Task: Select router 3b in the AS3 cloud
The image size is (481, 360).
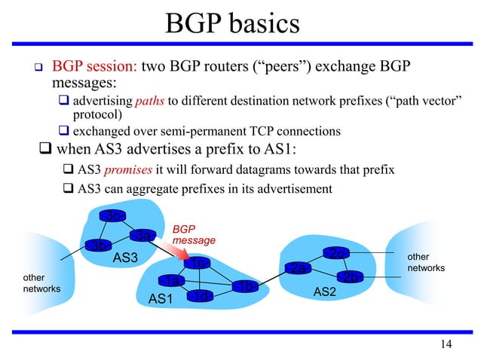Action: pyautogui.click(x=99, y=246)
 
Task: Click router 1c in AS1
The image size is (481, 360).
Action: pyautogui.click(x=198, y=263)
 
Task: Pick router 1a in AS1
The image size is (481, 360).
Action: pyautogui.click(x=173, y=281)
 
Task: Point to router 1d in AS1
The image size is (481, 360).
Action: pyautogui.click(x=200, y=295)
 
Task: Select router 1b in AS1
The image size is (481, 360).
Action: pyautogui.click(x=245, y=285)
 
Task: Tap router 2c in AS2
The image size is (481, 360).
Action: pyautogui.click(x=337, y=252)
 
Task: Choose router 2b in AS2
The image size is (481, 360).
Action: pyautogui.click(x=349, y=277)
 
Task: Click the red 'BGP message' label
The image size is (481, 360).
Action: pyautogui.click(x=194, y=233)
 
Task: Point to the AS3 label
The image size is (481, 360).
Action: pyautogui.click(x=126, y=258)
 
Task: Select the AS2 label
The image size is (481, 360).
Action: pyautogui.click(x=324, y=291)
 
